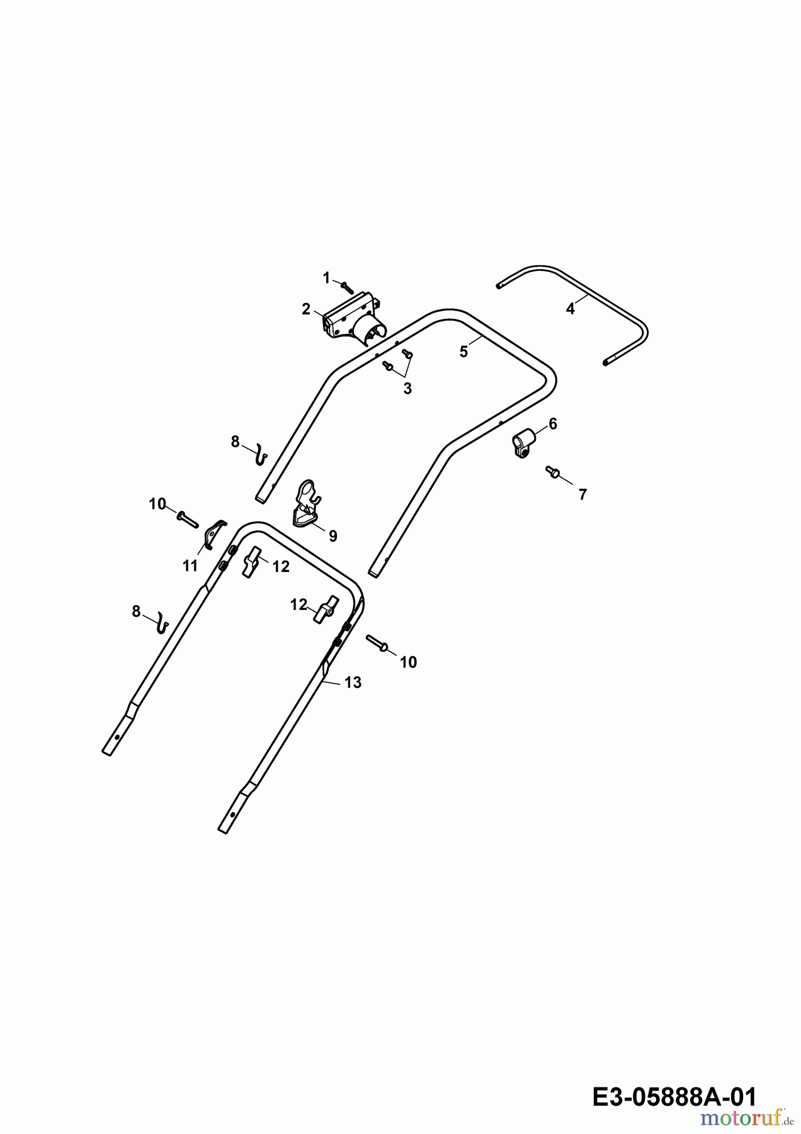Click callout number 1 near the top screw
[x=326, y=277]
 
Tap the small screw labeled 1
[x=347, y=287]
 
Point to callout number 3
[x=407, y=389]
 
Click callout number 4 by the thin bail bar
[x=570, y=309]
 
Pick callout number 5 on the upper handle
[x=463, y=352]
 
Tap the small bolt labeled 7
[x=552, y=472]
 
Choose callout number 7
[x=582, y=495]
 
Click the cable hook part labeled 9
[x=307, y=502]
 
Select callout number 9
[x=332, y=536]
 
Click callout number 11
[x=190, y=566]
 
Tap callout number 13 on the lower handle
[x=353, y=682]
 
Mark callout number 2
[x=306, y=309]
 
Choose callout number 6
[x=553, y=424]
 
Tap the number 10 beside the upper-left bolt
[x=157, y=504]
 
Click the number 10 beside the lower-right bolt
[x=408, y=662]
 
